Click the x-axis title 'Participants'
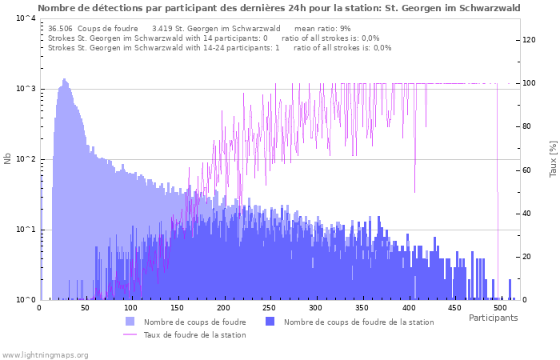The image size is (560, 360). tap(493, 318)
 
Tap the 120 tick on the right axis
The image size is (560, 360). tap(528, 40)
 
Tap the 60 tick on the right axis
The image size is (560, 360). tap(528, 170)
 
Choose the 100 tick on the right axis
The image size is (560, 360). tap(528, 83)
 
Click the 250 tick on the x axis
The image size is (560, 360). tap(270, 308)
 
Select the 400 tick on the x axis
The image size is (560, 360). tap(408, 308)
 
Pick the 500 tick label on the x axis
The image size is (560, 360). tap(500, 308)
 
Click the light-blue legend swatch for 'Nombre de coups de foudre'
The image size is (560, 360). tap(130, 322)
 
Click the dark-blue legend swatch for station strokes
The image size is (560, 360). tap(270, 322)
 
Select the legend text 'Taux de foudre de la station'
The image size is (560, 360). tap(194, 334)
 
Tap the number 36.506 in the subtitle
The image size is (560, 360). tap(61, 28)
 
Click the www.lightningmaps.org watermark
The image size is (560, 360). tap(45, 354)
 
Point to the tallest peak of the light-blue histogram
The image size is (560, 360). tap(64, 79)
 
